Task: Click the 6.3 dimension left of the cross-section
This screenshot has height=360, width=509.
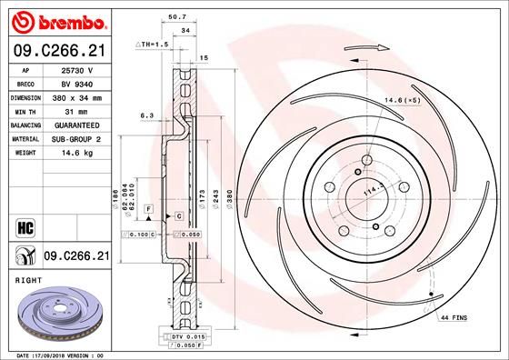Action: pyautogui.click(x=146, y=115)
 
